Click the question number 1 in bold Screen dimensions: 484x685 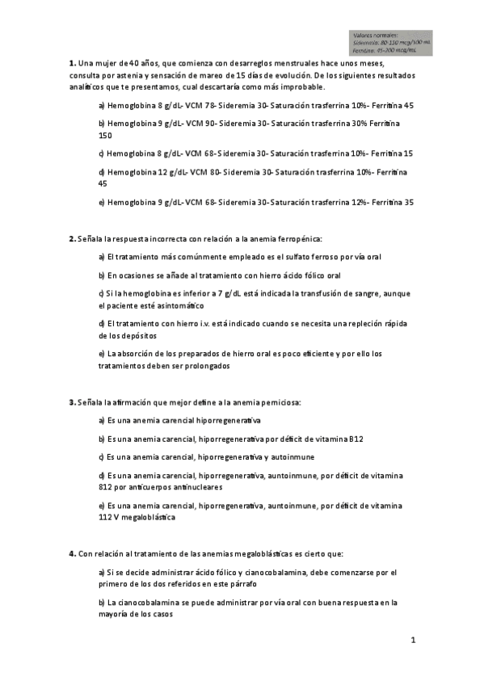pos(70,62)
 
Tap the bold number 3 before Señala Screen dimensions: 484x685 pos(70,401)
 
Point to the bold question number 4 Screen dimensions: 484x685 pos(70,554)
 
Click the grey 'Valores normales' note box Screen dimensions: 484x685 pos(391,43)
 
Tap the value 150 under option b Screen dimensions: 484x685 pos(105,135)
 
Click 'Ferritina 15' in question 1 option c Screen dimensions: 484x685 pos(393,153)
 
